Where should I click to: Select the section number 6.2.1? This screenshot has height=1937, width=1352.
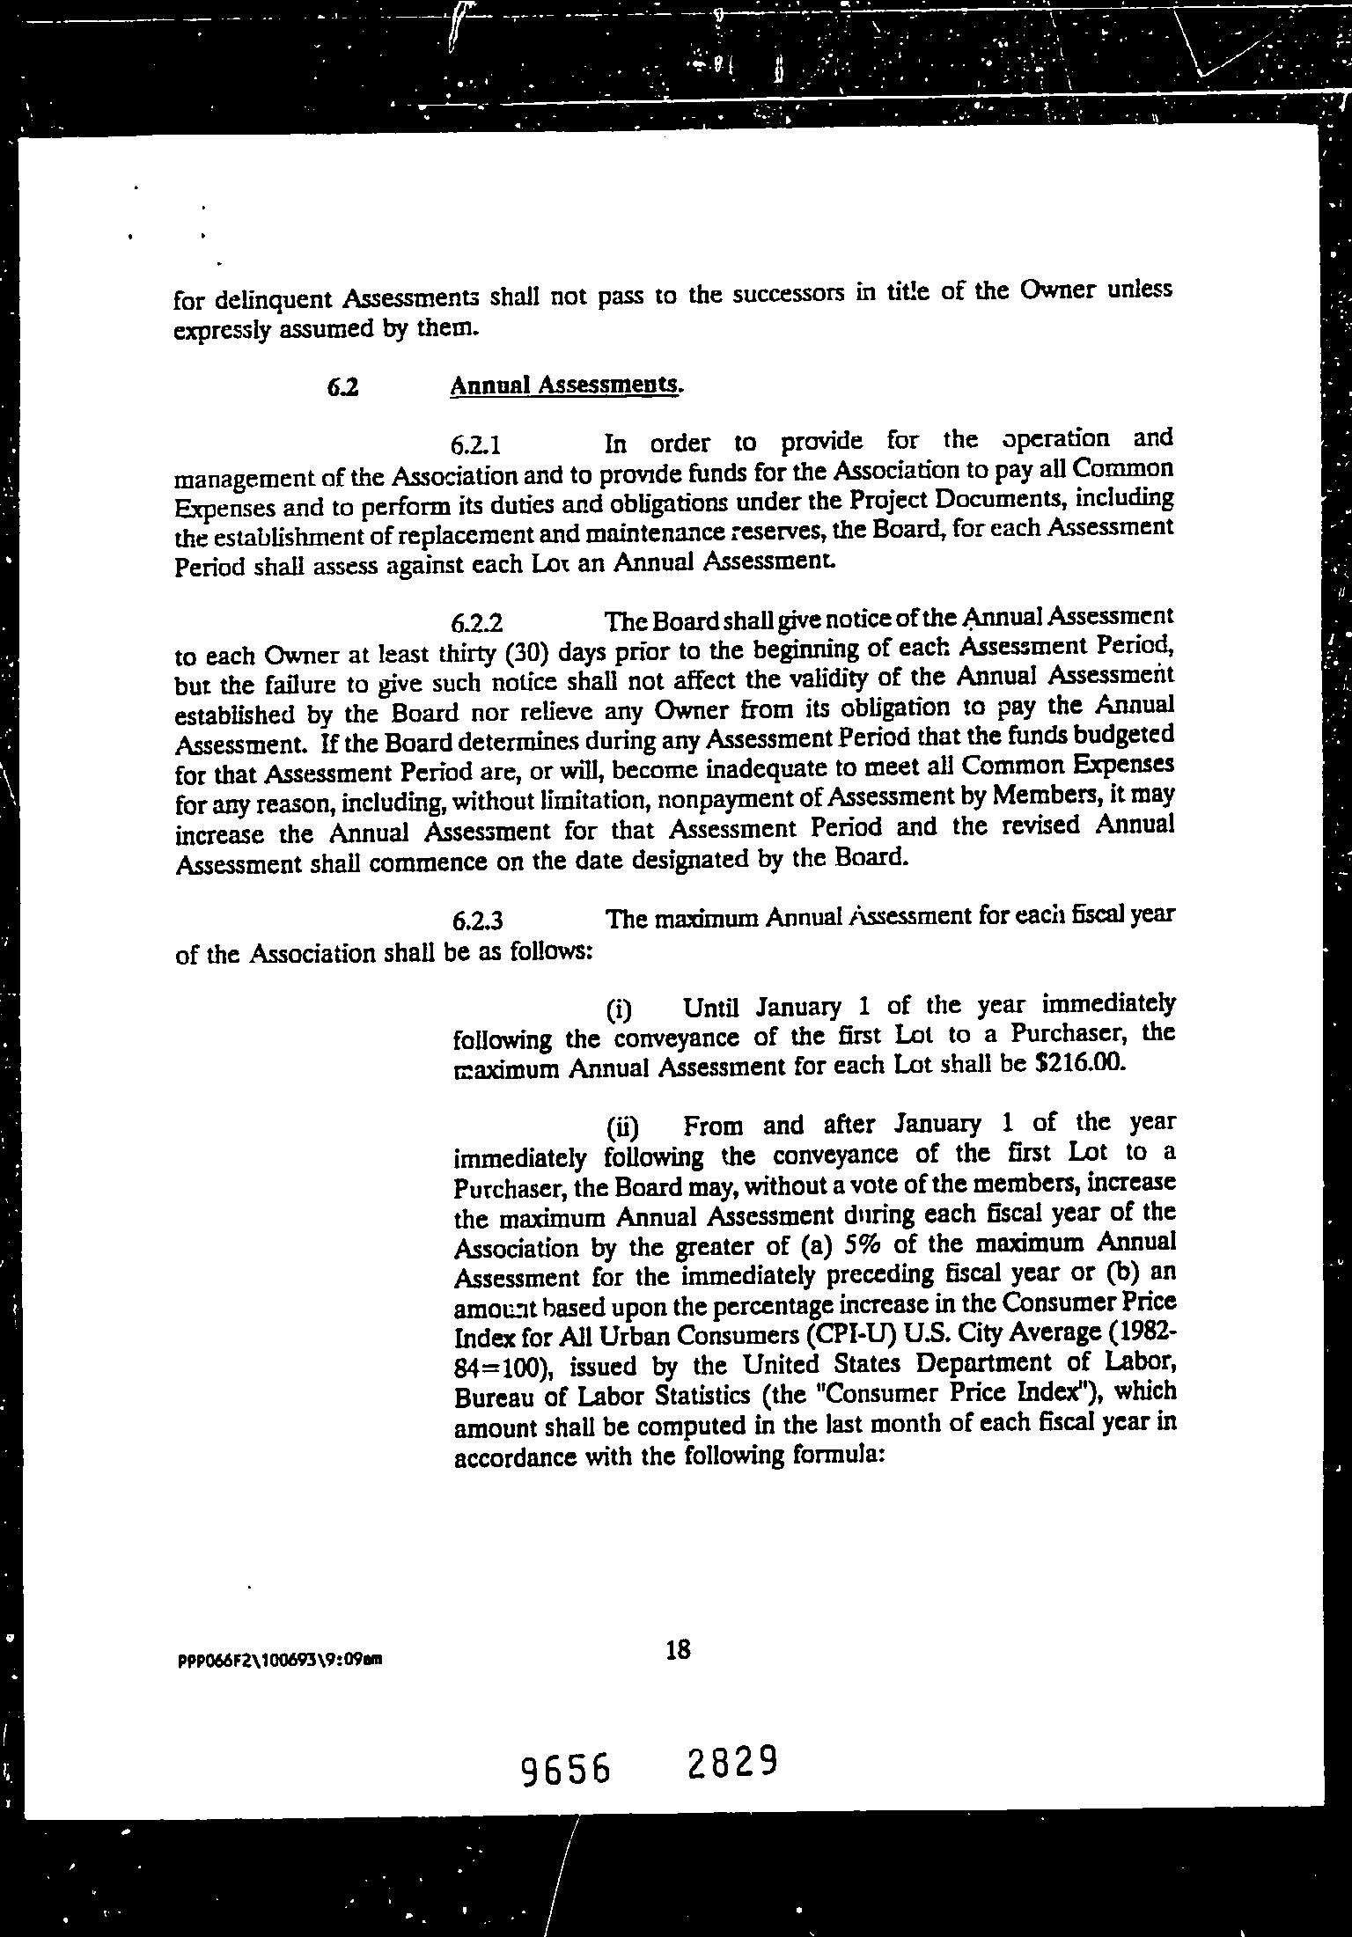(x=476, y=445)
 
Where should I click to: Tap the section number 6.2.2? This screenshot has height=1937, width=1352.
(x=476, y=624)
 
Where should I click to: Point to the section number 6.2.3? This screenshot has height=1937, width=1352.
(x=476, y=921)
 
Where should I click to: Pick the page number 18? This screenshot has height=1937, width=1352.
(x=678, y=1650)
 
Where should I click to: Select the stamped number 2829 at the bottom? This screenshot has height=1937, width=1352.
(x=733, y=1763)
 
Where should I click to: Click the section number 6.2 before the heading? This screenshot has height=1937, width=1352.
(x=342, y=387)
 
